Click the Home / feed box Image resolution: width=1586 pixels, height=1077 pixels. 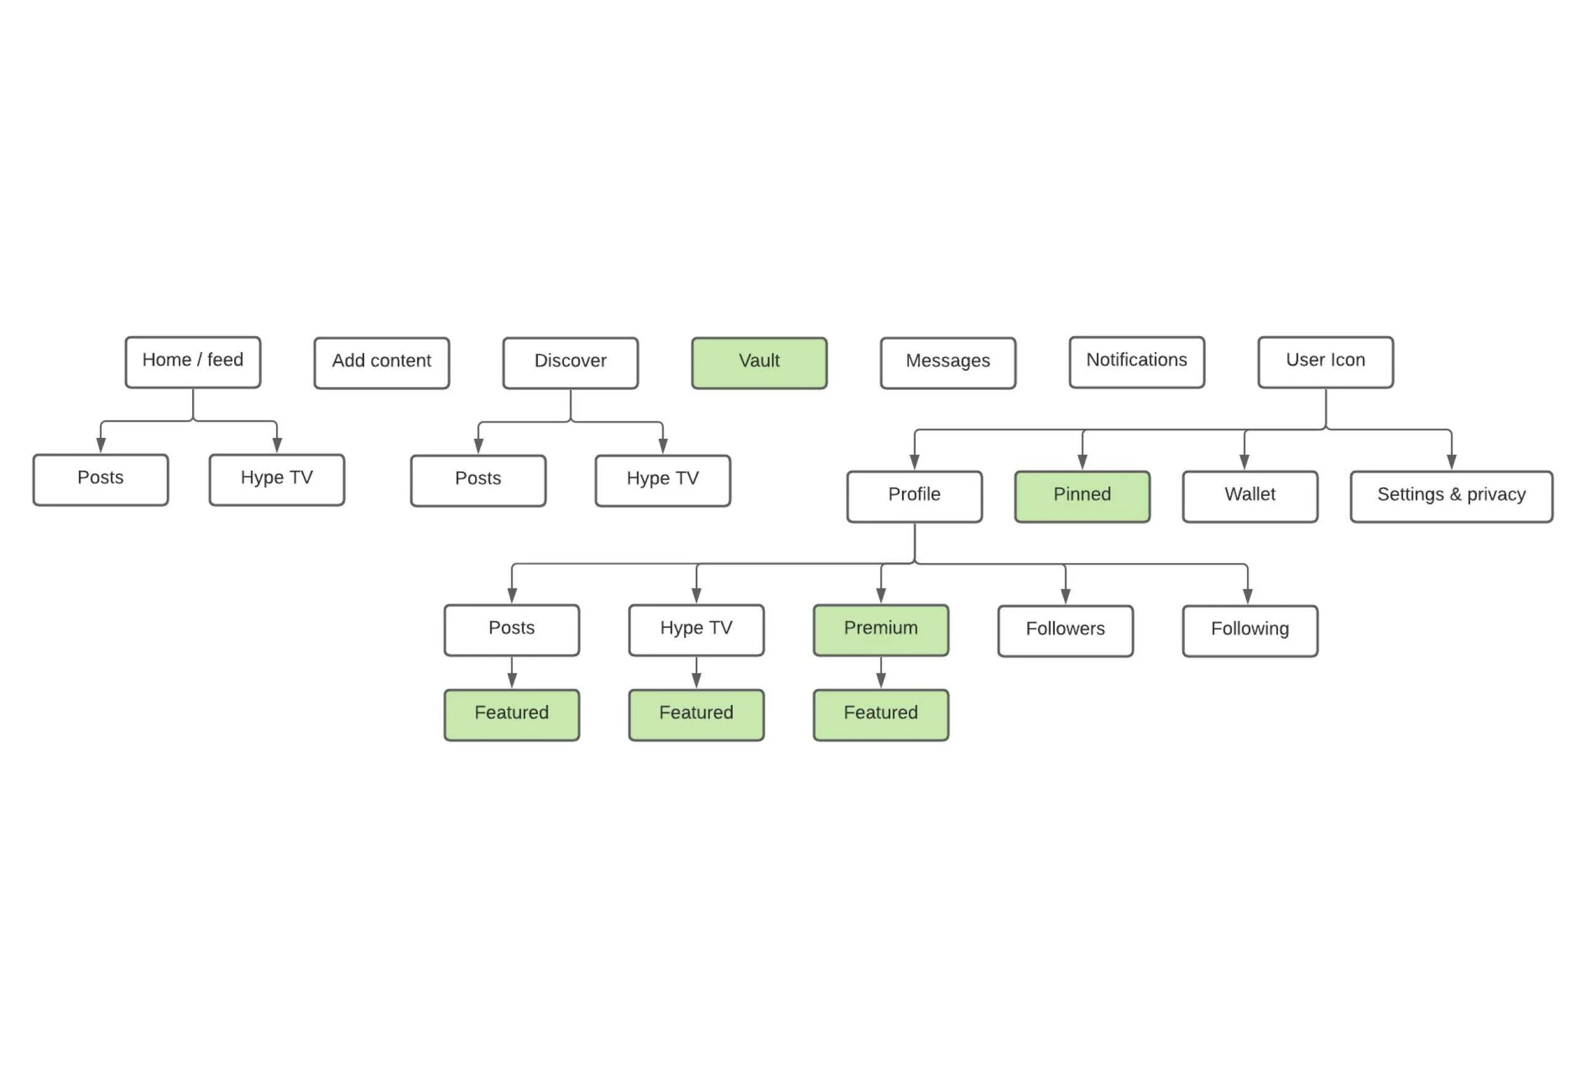pyautogui.click(x=192, y=362)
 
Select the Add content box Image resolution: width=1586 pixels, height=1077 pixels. pyautogui.click(x=381, y=363)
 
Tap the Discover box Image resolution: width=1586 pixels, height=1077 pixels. pyautogui.click(x=570, y=363)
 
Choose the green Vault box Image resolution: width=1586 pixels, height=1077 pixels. pyautogui.click(x=759, y=363)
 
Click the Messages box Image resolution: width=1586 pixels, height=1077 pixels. pyautogui.click(x=948, y=363)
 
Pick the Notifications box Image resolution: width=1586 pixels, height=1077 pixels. pyautogui.click(x=1136, y=362)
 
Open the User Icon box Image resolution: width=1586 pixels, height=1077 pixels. pyautogui.click(x=1325, y=362)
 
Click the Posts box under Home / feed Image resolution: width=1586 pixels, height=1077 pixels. pyautogui.click(x=100, y=479)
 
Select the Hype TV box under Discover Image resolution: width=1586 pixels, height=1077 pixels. pyautogui.click(x=663, y=480)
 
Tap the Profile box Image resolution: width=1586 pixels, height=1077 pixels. pyautogui.click(x=914, y=497)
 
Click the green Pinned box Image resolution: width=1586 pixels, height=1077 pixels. pyautogui.click(x=1082, y=497)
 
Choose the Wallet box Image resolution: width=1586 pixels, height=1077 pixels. pyautogui.click(x=1250, y=497)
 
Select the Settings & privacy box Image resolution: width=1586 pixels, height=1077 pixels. pyautogui.click(x=1451, y=497)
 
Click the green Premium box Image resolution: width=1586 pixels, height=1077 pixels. pyautogui.click(x=881, y=630)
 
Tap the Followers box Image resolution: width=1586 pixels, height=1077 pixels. pyautogui.click(x=1065, y=631)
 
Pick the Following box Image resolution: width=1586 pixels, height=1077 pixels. pyautogui.click(x=1250, y=631)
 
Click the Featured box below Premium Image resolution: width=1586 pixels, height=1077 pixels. pyautogui.click(x=881, y=714)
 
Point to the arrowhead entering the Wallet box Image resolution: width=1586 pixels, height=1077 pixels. pyautogui.click(x=1244, y=462)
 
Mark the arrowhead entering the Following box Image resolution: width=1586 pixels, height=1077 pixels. pyautogui.click(x=1247, y=596)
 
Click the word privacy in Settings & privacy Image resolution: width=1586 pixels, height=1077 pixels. pyautogui.click(x=1496, y=495)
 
